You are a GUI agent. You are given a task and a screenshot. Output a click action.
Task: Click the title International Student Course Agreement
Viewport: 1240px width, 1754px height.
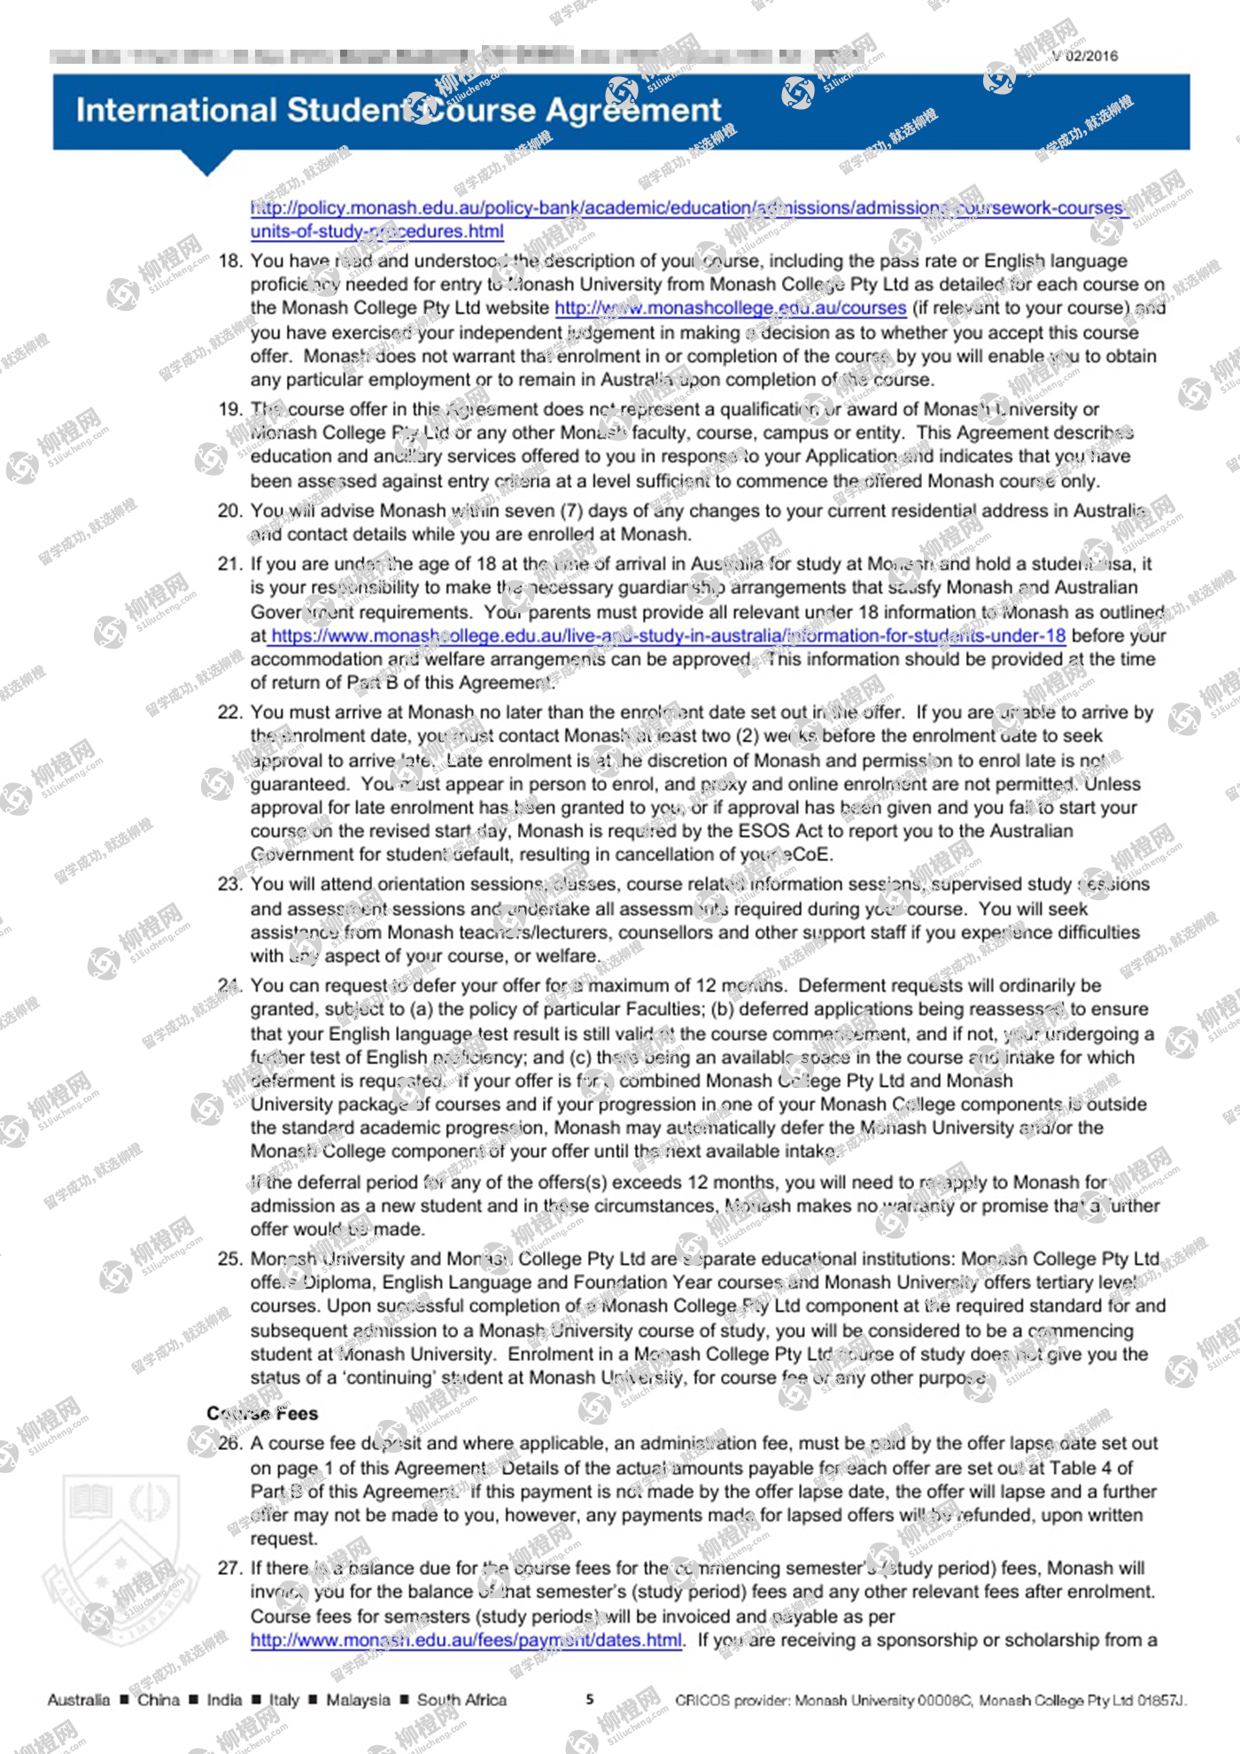point(399,111)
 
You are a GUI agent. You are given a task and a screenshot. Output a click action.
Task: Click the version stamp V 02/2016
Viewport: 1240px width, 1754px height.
point(1085,57)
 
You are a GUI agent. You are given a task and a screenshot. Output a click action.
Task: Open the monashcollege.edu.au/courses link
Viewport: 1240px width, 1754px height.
point(730,308)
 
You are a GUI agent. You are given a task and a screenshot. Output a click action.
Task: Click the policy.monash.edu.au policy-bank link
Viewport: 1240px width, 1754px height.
point(689,208)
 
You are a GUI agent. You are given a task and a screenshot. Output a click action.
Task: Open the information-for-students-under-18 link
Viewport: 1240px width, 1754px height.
point(668,636)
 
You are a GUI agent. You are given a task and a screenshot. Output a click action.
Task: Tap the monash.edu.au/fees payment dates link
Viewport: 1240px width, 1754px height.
point(466,1640)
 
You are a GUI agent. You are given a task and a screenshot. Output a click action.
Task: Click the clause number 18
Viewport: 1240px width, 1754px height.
point(229,261)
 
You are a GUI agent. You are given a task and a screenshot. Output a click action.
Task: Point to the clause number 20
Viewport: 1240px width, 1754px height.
point(229,511)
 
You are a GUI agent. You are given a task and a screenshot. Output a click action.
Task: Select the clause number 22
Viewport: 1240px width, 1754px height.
point(229,712)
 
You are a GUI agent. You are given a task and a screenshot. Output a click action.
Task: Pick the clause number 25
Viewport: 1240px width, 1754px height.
point(229,1259)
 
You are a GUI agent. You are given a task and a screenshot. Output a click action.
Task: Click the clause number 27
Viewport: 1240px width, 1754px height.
point(229,1568)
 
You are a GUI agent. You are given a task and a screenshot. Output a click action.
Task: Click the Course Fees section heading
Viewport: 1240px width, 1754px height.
point(262,1413)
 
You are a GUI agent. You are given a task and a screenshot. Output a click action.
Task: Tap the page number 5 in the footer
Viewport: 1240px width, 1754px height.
point(590,1699)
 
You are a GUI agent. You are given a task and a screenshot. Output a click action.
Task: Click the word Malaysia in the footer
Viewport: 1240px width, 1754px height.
point(358,1700)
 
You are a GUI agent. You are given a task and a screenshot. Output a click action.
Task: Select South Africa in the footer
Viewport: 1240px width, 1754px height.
point(461,1700)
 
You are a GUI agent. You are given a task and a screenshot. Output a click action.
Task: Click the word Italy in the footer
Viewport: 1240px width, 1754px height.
point(284,1700)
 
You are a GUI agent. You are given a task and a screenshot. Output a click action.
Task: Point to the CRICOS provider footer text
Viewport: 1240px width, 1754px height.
point(930,1700)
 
